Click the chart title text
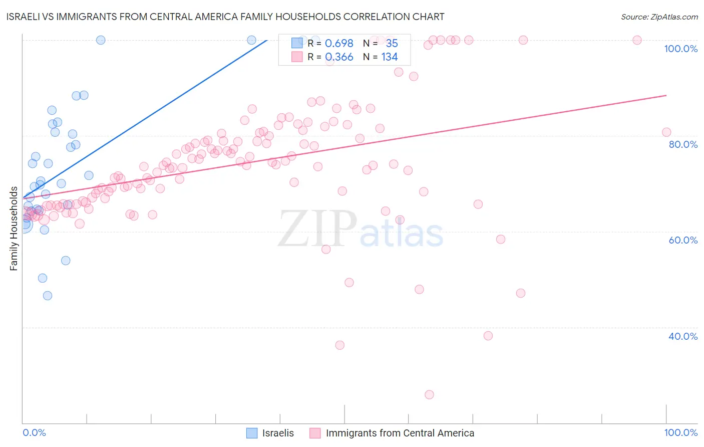click(x=226, y=17)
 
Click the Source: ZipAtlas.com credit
click(x=659, y=17)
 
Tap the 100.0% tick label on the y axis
click(x=680, y=49)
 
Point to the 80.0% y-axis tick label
click(x=683, y=144)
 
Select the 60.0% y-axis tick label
click(x=683, y=240)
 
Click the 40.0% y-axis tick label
click(x=683, y=336)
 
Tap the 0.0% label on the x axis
click(x=34, y=432)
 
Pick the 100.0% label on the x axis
click(x=680, y=432)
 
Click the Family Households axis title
click(x=14, y=229)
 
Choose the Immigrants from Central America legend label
click(x=400, y=433)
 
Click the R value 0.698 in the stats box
click(x=339, y=44)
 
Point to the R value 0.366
click(x=339, y=57)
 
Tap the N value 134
click(x=390, y=57)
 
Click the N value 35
click(x=392, y=44)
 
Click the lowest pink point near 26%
click(x=429, y=395)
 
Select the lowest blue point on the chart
click(x=48, y=296)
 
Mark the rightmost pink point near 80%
click(x=666, y=132)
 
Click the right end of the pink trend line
click(x=666, y=95)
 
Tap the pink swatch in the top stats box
click(x=297, y=57)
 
